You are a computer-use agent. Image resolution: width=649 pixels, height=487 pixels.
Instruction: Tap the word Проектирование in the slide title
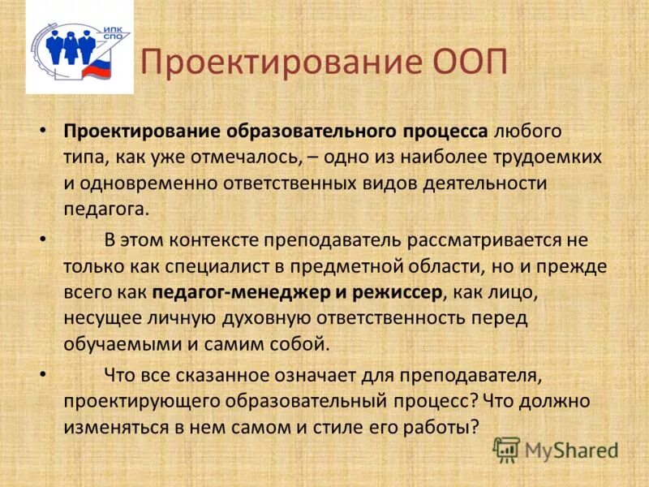[280, 63]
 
